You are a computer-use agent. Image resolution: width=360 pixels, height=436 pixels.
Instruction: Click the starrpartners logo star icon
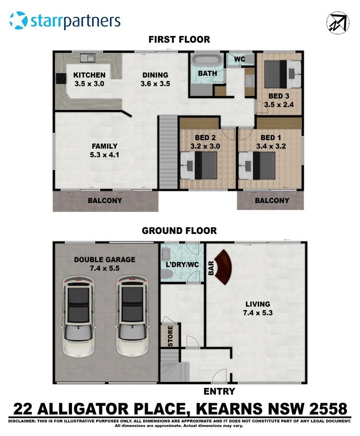point(19,20)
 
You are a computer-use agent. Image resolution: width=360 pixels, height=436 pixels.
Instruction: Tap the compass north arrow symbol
point(338,23)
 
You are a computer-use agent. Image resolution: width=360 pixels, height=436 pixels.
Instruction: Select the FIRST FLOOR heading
point(180,39)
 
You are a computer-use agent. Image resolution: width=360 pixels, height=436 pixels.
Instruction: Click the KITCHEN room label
point(89,75)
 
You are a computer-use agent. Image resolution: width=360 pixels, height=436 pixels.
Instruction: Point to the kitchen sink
point(88,58)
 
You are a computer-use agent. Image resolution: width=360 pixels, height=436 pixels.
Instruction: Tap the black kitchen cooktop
point(61,78)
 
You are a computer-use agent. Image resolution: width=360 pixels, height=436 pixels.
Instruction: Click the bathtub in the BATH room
point(207,61)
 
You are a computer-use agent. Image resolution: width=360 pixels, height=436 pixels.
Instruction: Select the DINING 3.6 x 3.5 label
point(155,79)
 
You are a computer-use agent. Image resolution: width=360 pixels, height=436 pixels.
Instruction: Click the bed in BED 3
point(283,74)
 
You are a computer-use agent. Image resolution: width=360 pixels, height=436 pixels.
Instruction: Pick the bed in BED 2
point(199,166)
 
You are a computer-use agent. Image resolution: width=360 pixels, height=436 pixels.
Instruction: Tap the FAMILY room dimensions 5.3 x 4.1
point(105,155)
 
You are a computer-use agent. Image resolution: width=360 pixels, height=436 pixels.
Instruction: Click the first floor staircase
point(168,153)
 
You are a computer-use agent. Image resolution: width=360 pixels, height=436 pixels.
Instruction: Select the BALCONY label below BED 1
point(272,201)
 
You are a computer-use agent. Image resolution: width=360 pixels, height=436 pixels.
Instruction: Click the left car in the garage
point(79,316)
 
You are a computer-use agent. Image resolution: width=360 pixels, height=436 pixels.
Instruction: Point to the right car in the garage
point(133,316)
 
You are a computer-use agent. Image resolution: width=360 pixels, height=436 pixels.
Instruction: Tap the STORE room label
point(170,336)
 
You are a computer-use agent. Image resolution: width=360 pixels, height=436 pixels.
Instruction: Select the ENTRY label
point(219,391)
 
